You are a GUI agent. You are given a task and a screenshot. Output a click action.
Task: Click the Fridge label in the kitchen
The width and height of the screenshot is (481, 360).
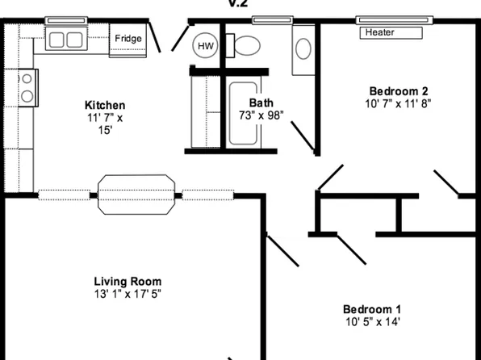[x=128, y=39]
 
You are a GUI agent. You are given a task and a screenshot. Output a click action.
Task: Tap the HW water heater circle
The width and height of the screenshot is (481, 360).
[x=205, y=47]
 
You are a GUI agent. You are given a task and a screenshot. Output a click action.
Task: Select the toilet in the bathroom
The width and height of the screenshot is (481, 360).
[x=245, y=44]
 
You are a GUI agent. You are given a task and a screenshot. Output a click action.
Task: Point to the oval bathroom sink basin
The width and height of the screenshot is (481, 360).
[x=303, y=48]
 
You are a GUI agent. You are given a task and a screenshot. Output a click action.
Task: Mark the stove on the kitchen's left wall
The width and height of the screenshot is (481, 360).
[x=26, y=87]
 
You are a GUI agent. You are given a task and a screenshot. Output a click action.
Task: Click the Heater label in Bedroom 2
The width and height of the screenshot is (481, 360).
[x=379, y=33]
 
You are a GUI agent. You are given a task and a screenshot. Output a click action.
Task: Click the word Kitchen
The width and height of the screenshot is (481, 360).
[x=105, y=106]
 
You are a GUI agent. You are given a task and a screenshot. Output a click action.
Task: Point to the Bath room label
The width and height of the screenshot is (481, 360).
[x=261, y=103]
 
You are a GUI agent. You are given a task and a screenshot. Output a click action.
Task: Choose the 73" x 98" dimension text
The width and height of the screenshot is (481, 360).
[x=261, y=116]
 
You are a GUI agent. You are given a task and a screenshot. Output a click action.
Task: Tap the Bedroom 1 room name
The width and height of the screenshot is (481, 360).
[x=372, y=310]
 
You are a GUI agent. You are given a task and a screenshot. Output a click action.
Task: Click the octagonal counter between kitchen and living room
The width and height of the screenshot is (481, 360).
[x=136, y=194]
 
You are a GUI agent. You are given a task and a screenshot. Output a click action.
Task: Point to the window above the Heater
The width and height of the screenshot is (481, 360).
[x=395, y=19]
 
